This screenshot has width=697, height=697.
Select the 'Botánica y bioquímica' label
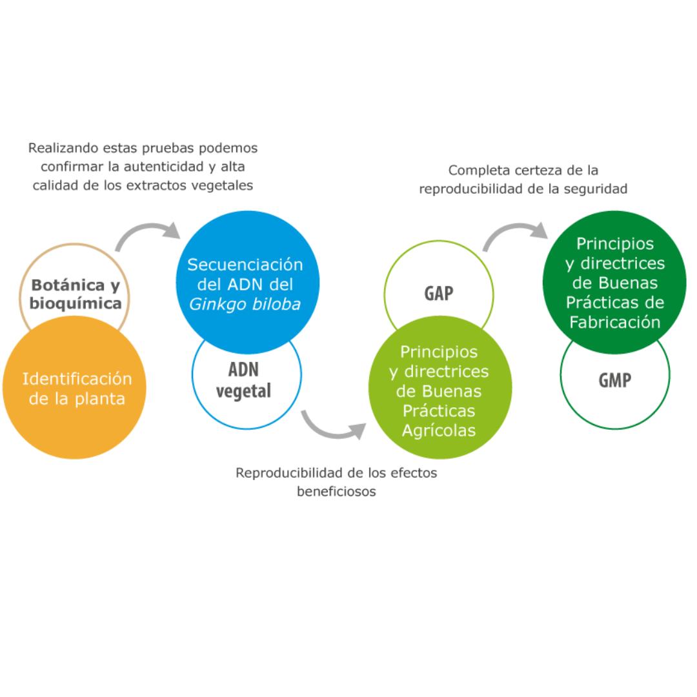tap(77, 294)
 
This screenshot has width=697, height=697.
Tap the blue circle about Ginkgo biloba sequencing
tap(245, 278)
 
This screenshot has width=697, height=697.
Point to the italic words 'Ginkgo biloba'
tap(245, 303)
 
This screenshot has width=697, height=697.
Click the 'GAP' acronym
tap(438, 294)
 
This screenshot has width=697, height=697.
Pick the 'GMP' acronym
tap(614, 380)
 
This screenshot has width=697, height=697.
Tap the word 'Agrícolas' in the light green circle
tap(439, 430)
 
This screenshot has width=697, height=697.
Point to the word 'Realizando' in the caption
tap(61, 148)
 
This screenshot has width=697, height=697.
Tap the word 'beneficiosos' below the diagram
tap(336, 491)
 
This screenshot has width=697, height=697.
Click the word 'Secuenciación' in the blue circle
tap(245, 265)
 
